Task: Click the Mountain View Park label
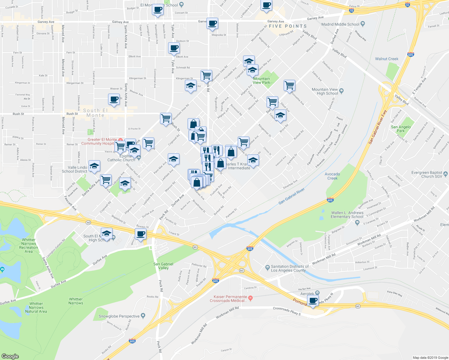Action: pos(261,81)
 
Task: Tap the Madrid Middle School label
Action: pos(340,24)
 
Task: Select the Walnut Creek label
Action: pos(387,59)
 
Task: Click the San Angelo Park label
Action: pos(401,129)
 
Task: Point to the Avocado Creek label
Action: pos(332,176)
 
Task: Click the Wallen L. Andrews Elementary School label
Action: pos(347,215)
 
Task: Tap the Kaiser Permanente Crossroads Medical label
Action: pos(228,299)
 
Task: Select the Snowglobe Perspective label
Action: pos(119,316)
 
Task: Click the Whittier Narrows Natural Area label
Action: pos(36,307)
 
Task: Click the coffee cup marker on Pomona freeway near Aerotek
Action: pos(313,301)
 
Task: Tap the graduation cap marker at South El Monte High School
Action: pos(107,233)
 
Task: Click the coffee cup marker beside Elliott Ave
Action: pos(174,48)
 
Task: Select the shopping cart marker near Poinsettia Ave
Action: pos(289,85)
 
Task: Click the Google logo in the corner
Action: pos(10,356)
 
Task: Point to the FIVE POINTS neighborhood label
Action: pos(288,26)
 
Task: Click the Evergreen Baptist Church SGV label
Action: pos(427,174)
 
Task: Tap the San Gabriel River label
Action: pos(291,196)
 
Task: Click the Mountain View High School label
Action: pos(325,91)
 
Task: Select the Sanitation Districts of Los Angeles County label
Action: pos(290,268)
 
